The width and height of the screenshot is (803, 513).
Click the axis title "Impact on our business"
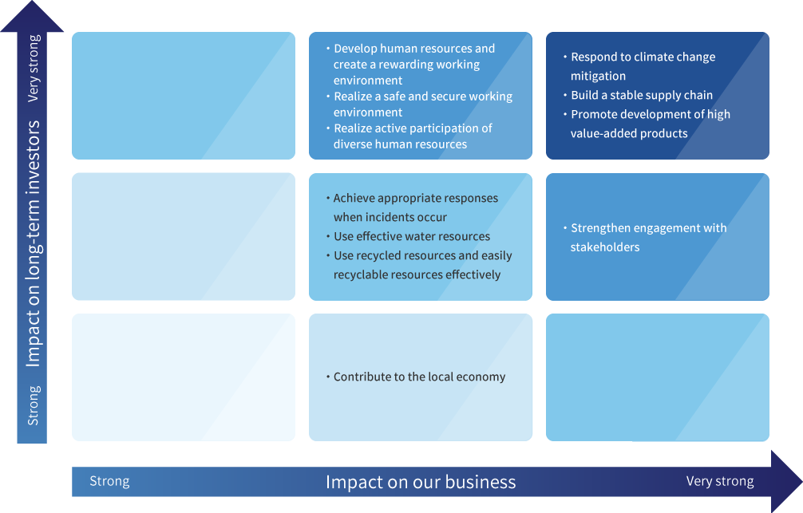(x=421, y=482)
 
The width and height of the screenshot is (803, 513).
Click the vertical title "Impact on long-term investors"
(x=34, y=243)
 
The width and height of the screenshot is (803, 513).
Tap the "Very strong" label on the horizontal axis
(x=720, y=482)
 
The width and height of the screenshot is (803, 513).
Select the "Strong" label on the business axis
(x=109, y=481)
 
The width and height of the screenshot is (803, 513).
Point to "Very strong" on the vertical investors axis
(x=34, y=69)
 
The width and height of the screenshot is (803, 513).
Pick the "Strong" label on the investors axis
(x=34, y=405)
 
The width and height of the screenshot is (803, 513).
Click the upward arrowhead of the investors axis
(x=32, y=17)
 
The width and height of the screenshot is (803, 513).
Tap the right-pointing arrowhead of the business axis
(x=786, y=482)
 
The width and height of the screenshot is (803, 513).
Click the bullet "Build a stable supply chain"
(x=642, y=95)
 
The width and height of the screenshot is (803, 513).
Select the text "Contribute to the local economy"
(x=419, y=377)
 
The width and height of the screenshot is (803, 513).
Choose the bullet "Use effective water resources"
(x=412, y=236)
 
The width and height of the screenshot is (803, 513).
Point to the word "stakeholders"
(x=605, y=247)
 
